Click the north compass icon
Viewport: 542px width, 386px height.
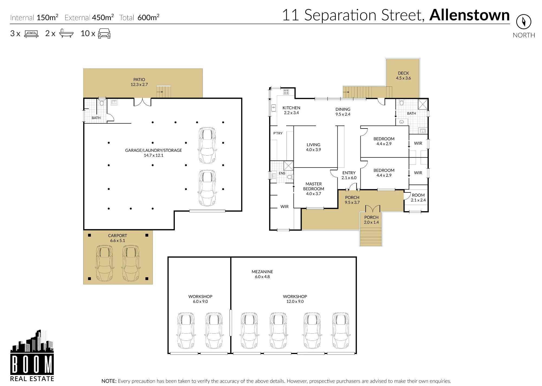[524, 22]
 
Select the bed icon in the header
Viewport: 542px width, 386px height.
[31, 34]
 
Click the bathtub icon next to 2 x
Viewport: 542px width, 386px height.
[66, 33]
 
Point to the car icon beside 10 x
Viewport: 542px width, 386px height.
[104, 33]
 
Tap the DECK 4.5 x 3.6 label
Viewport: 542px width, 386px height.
[403, 76]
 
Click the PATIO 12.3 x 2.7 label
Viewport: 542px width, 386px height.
[139, 82]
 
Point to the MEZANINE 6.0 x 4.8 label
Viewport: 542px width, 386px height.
[262, 274]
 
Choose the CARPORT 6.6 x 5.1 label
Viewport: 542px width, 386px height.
[118, 238]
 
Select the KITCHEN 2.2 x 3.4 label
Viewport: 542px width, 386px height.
[291, 110]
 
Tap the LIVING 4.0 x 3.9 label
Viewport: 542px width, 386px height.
[314, 147]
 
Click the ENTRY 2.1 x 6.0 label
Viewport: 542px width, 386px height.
[349, 175]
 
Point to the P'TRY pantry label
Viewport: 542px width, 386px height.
[278, 133]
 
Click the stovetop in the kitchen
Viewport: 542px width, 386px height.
[286, 92]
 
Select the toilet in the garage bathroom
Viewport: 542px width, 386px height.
[102, 102]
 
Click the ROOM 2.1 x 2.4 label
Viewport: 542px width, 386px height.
[418, 198]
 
